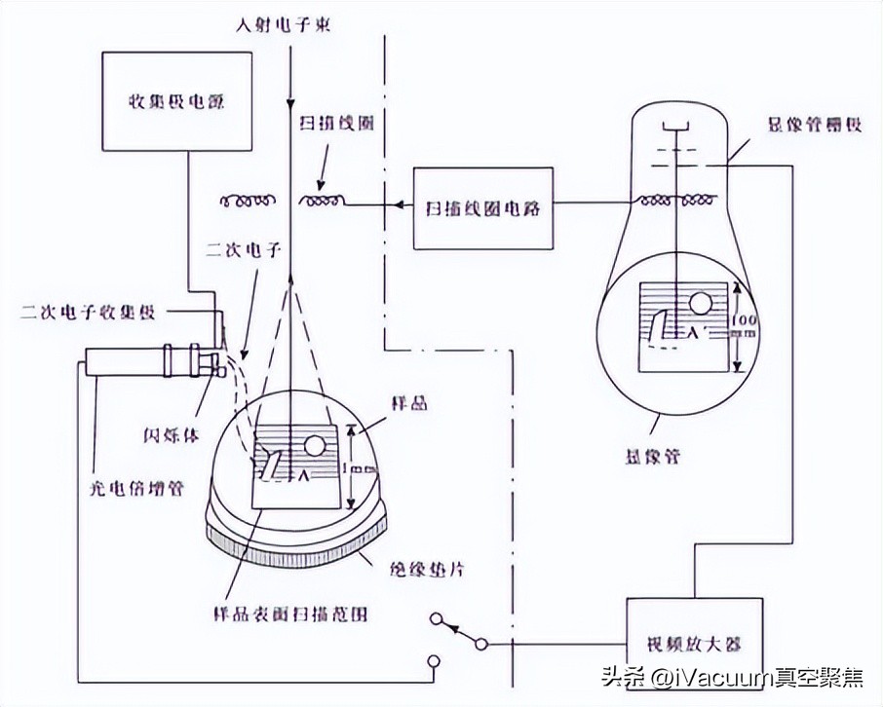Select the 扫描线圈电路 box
point(482,207)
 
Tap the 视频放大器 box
point(693,644)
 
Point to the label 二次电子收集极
point(87,312)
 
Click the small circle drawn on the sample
point(315,447)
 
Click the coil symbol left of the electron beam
point(246,202)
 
